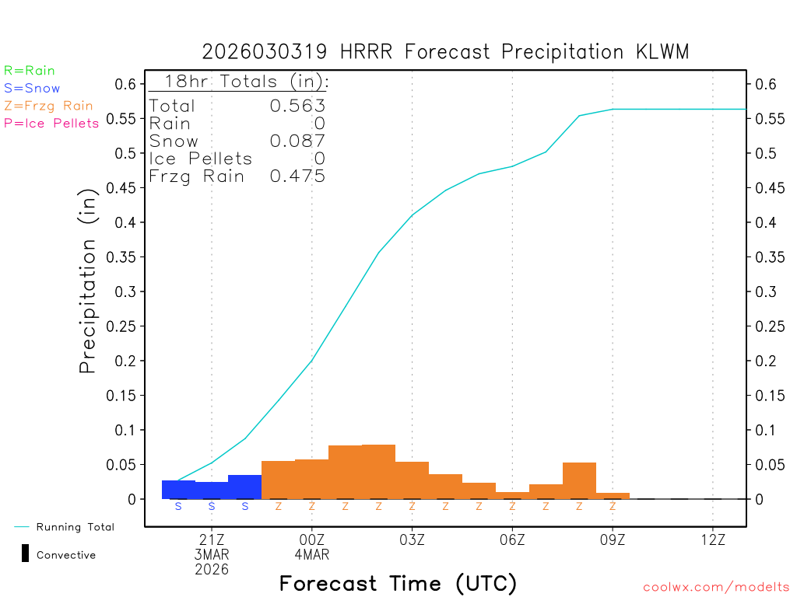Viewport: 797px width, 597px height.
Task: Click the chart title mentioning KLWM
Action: [x=445, y=52]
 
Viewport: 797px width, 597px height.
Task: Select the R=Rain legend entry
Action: [x=30, y=71]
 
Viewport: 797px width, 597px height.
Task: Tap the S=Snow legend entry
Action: [x=32, y=89]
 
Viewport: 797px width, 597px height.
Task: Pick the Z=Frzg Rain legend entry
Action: [x=48, y=106]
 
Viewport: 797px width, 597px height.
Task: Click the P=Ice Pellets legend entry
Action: [x=51, y=123]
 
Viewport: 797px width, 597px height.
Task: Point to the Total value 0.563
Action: [x=297, y=106]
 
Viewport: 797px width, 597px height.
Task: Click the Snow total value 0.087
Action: [x=297, y=141]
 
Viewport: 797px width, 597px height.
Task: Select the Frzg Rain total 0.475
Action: [x=297, y=176]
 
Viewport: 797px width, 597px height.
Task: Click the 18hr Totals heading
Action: [x=238, y=82]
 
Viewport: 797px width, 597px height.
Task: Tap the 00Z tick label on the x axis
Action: [x=311, y=539]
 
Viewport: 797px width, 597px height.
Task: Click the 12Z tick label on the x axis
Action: [x=713, y=539]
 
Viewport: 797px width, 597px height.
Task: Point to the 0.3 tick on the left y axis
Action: [x=125, y=292]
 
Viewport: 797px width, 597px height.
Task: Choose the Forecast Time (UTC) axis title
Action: [x=398, y=583]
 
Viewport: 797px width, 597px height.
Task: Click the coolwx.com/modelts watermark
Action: [x=716, y=588]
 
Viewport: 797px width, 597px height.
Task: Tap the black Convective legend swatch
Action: [x=25, y=554]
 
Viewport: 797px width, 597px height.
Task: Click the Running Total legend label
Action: [x=75, y=527]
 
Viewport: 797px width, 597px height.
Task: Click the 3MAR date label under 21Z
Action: [x=212, y=554]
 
